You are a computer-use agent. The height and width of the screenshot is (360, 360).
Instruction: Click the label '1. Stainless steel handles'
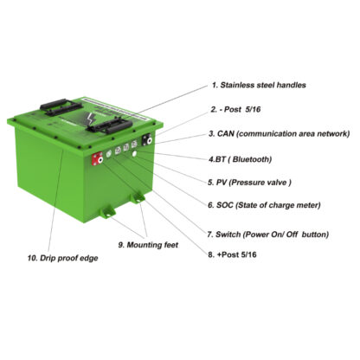259,85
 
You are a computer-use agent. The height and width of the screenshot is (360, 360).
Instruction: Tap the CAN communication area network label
278,134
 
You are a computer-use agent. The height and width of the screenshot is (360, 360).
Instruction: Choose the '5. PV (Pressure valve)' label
254,183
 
